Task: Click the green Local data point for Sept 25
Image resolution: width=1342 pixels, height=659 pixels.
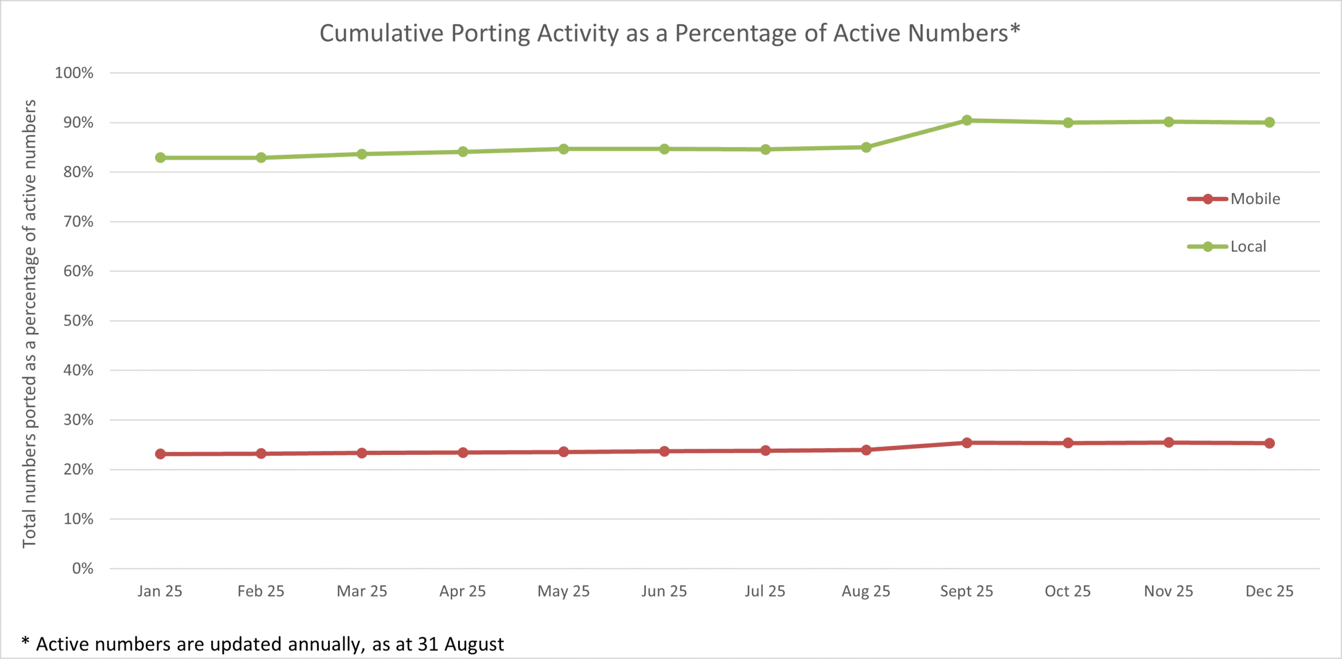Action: click(x=967, y=120)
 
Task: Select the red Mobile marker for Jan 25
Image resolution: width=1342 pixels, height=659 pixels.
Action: click(x=160, y=454)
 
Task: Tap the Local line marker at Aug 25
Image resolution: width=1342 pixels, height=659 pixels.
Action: click(x=866, y=147)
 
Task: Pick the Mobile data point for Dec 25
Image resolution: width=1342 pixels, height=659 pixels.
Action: click(x=1269, y=443)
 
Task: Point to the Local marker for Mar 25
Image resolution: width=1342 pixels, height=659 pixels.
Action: click(x=362, y=154)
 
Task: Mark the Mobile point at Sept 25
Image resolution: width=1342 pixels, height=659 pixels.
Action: click(x=967, y=443)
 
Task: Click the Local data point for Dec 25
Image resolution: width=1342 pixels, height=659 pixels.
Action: click(x=1269, y=122)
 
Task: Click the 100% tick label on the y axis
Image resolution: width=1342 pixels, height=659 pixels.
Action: click(x=74, y=73)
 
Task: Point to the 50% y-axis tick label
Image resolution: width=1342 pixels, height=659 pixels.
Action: click(x=78, y=321)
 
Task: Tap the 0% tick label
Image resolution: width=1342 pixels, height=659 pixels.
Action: click(x=82, y=568)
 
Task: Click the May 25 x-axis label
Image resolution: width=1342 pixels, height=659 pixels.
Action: click(x=564, y=591)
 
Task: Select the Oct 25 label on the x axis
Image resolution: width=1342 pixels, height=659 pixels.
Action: click(x=1067, y=591)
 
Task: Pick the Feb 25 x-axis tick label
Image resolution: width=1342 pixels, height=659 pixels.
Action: click(x=261, y=591)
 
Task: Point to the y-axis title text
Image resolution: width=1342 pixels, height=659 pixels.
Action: click(x=29, y=324)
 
